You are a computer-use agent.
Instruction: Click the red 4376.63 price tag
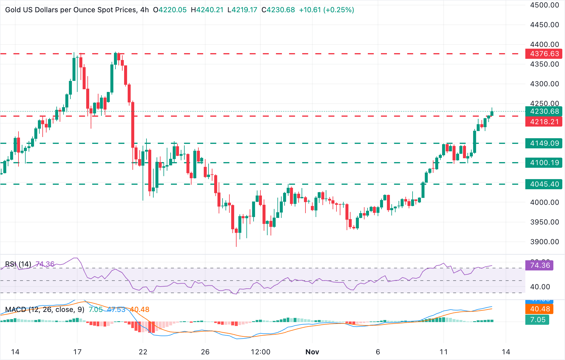[x=544, y=54]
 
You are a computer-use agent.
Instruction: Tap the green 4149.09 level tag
[x=544, y=143]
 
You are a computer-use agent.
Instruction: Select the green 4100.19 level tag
[x=544, y=163]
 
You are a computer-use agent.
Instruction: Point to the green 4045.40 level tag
[x=544, y=184]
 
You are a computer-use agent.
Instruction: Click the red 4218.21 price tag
[x=544, y=122]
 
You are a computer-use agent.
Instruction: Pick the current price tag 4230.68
[x=544, y=111]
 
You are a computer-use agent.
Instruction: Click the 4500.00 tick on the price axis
[x=544, y=5]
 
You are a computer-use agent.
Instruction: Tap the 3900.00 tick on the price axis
[x=544, y=242]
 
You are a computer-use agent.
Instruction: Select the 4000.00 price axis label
[x=544, y=202]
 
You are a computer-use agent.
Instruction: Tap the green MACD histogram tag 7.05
[x=537, y=320]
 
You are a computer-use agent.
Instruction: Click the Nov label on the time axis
[x=312, y=352]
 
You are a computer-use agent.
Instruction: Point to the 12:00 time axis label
[x=260, y=352]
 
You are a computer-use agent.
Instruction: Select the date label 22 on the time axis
[x=143, y=352]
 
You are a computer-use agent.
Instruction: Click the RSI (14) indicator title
[x=18, y=264]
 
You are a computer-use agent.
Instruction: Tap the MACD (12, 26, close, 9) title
[x=45, y=310]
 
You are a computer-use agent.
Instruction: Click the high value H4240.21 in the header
[x=207, y=10]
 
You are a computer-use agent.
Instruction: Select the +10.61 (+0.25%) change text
[x=326, y=10]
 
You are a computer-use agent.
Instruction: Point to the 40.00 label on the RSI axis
[x=540, y=287]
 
